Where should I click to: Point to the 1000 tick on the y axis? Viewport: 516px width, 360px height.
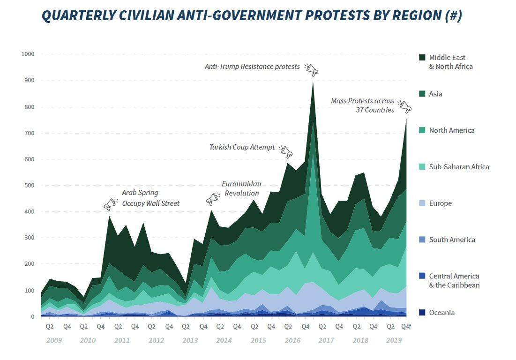[x=28, y=54]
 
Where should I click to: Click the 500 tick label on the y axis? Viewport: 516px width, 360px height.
[x=30, y=186]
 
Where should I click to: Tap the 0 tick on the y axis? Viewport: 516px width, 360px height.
[x=33, y=317]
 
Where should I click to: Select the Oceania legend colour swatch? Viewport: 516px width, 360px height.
[x=422, y=313]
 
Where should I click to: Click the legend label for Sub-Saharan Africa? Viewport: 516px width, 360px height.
[x=459, y=167]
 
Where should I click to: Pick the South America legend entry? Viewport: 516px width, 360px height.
[x=452, y=240]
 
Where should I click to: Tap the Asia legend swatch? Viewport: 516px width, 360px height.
[x=422, y=94]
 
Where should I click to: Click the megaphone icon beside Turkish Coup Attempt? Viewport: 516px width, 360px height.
[x=286, y=151]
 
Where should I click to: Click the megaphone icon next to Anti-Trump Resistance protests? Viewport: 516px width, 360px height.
[x=311, y=70]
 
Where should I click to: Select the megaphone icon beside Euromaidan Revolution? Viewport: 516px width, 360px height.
[x=213, y=199]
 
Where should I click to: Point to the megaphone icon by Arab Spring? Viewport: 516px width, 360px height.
[x=110, y=204]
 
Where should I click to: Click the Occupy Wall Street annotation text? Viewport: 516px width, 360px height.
[x=150, y=203]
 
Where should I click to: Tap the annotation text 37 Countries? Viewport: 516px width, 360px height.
[x=375, y=110]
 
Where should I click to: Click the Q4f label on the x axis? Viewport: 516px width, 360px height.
[x=406, y=327]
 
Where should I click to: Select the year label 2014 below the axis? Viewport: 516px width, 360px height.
[x=224, y=340]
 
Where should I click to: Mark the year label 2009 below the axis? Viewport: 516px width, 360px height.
[x=53, y=340]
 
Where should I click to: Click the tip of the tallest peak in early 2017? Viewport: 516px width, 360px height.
[x=313, y=81]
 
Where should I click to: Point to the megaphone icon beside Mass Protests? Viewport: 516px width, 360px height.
[x=405, y=107]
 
